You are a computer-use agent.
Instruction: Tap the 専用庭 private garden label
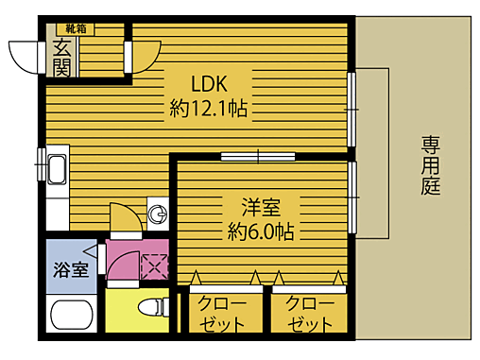pos(431,164)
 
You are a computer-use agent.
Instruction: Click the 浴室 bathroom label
pos(71,268)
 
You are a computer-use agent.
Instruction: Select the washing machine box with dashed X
pos(153,266)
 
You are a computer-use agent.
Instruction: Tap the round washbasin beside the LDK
pos(158,214)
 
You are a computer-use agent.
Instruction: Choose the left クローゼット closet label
pos(223,312)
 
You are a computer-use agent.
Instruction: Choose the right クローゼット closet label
pos(309,312)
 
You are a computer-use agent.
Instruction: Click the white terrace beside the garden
pos(373,151)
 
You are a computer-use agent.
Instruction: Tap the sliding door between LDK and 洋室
pos(258,155)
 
